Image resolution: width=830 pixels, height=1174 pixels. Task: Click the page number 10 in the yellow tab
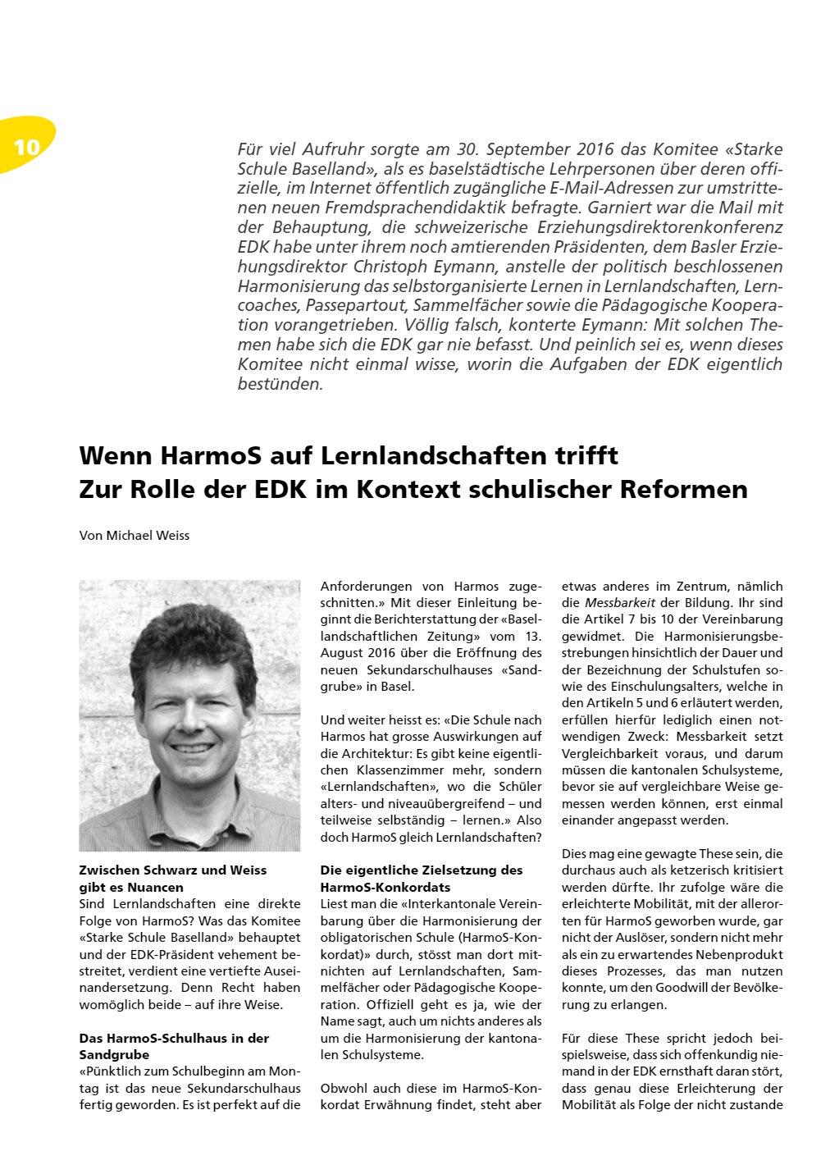coord(27,147)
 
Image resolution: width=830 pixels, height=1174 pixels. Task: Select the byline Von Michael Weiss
coord(135,536)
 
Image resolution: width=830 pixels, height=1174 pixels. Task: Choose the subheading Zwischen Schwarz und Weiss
coord(172,870)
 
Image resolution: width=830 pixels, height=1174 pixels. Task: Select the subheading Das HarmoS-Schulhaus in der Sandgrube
coord(174,1046)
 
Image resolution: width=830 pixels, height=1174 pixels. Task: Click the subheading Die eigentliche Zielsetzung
coord(422,870)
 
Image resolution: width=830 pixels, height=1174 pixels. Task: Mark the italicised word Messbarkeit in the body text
coord(620,603)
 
